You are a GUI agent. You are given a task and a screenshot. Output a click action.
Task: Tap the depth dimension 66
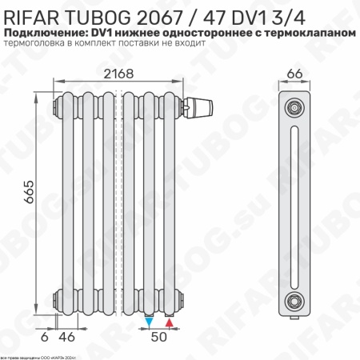(x=294, y=74)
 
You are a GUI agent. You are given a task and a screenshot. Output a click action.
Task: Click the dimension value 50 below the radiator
(x=159, y=337)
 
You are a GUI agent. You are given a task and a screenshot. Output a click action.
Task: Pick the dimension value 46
(x=70, y=337)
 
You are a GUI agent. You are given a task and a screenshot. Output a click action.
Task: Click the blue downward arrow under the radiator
(x=150, y=322)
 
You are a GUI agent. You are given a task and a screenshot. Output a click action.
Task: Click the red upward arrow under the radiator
(x=169, y=322)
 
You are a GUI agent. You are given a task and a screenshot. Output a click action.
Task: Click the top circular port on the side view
(x=295, y=106)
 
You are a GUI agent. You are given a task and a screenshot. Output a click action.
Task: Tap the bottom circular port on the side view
(x=295, y=302)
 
